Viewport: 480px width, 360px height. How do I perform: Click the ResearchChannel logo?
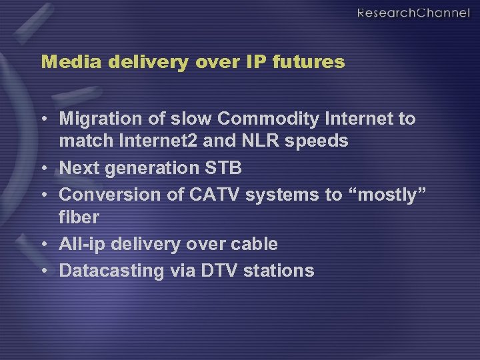click(x=413, y=13)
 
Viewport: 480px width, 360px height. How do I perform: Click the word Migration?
click(x=97, y=119)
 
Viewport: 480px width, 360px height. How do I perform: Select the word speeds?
click(x=320, y=141)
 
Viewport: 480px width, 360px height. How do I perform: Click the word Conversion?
click(x=103, y=195)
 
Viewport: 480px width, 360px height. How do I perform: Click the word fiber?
click(x=79, y=217)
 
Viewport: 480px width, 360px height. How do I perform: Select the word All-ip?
click(x=82, y=244)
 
